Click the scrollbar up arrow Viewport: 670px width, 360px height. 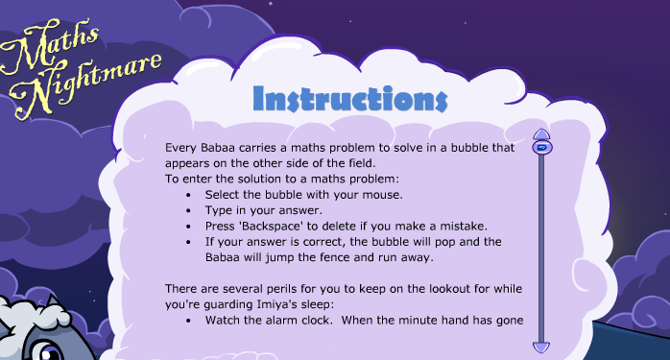[540, 134]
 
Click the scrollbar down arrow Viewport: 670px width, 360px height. [540, 347]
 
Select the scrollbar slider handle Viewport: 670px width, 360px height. [540, 148]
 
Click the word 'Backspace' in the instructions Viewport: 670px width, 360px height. [273, 226]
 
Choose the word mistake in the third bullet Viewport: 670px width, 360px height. [464, 226]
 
